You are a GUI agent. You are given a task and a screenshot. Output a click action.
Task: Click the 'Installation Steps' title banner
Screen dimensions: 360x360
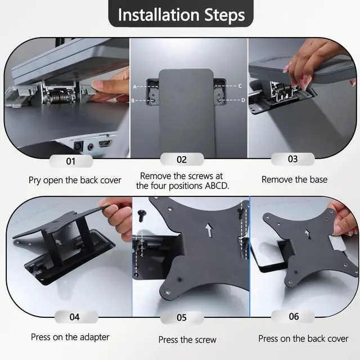click(181, 13)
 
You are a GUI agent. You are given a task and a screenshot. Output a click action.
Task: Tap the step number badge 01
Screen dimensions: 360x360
click(71, 161)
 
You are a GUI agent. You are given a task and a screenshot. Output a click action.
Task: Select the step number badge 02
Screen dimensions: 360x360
click(182, 160)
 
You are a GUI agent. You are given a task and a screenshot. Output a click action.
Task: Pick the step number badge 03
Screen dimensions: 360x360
click(292, 159)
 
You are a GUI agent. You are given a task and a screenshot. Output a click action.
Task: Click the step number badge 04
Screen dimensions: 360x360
click(75, 317)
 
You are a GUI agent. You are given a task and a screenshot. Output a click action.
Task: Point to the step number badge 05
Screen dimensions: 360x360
click(182, 317)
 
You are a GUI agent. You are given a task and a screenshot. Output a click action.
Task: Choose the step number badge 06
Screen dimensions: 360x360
click(294, 317)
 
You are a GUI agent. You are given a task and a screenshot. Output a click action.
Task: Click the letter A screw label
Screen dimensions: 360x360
click(135, 87)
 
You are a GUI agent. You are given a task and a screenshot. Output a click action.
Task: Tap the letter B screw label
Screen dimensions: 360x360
click(133, 101)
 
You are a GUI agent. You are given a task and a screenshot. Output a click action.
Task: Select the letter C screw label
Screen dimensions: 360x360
click(240, 86)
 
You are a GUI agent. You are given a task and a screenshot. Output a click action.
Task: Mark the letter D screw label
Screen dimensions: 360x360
click(243, 100)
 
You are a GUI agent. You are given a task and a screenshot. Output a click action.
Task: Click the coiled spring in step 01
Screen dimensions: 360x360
click(60, 96)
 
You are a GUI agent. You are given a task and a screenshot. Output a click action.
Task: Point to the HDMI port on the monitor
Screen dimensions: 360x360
click(105, 144)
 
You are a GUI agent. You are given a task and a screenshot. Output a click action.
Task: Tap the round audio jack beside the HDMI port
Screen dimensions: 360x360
click(91, 146)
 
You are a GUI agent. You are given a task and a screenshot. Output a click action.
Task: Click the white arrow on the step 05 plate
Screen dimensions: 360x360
click(209, 231)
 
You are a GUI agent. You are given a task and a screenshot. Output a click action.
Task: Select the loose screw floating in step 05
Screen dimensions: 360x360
click(141, 215)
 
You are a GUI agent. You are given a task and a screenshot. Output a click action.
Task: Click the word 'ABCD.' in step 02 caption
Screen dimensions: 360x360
click(217, 186)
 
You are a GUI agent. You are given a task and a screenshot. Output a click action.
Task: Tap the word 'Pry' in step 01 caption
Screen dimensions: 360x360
click(35, 181)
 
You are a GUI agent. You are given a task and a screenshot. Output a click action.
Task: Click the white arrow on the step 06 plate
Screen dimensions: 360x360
click(308, 234)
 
